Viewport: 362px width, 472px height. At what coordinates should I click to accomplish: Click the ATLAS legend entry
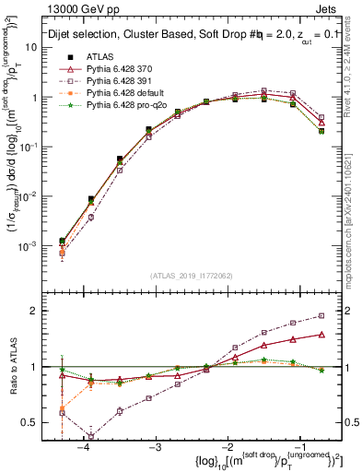point(99,57)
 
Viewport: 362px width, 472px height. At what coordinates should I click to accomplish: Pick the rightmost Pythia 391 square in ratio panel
point(321,315)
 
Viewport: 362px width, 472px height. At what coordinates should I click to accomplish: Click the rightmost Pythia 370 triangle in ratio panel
point(321,335)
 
